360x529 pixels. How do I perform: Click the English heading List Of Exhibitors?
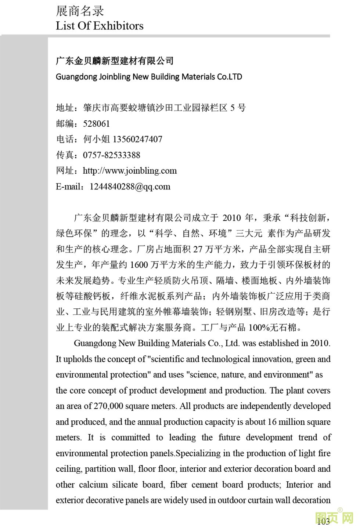(100, 26)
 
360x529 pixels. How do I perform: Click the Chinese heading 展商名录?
(80, 11)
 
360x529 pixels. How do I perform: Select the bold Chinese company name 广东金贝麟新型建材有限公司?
(115, 61)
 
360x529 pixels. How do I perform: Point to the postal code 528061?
(96, 124)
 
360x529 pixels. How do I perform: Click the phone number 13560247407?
(137, 140)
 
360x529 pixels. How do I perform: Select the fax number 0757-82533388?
(111, 155)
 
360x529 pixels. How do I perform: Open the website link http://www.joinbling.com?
(130, 171)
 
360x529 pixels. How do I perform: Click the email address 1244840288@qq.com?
(130, 186)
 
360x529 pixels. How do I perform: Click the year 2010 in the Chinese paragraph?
(231, 218)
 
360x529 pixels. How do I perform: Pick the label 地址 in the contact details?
(65, 108)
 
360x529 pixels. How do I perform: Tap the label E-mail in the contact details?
(70, 186)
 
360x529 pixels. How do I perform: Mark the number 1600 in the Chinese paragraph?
(138, 265)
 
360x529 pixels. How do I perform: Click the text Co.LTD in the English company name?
(230, 77)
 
